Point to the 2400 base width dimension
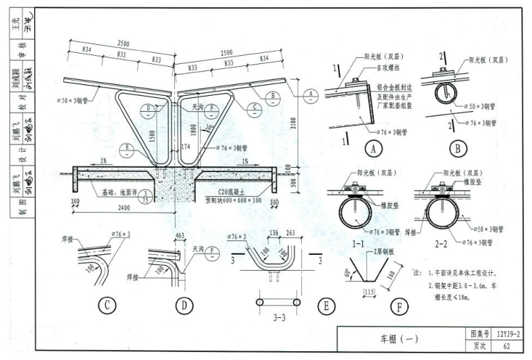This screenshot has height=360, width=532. click(165, 207)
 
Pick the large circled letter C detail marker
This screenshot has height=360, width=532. click(107, 307)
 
